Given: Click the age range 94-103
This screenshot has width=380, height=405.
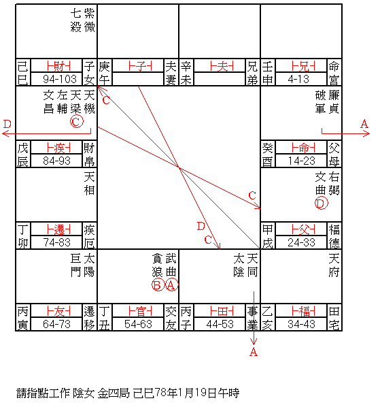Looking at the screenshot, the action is [60, 79].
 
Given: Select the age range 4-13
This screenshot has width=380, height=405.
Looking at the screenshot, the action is [298, 79].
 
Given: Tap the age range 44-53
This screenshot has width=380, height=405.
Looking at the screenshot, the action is [220, 324].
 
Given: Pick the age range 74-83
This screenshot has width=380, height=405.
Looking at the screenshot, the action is [56, 242].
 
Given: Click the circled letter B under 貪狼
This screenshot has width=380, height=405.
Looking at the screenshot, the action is [158, 285].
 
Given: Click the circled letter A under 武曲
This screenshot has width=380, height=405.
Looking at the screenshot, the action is [171, 285].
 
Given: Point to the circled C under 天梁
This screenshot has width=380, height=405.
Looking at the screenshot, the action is [77, 121].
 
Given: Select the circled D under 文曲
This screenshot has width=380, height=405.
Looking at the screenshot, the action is [321, 203].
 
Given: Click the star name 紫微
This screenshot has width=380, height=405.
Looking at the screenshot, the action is [89, 20].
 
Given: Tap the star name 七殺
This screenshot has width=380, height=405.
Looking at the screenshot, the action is [76, 20].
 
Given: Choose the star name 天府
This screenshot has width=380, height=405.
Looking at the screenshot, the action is [334, 265].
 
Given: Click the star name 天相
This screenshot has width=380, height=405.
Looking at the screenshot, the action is [89, 183].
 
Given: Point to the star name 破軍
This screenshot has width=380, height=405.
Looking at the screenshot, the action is [320, 102].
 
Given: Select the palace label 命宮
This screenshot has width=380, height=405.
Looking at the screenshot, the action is [334, 73].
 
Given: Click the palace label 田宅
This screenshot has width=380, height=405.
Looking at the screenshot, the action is [334, 318].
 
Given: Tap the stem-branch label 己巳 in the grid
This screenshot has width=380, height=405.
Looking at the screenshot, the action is [22, 73].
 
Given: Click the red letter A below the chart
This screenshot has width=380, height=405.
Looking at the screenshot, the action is [254, 352].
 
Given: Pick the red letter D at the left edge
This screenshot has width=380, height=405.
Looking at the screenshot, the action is [7, 124].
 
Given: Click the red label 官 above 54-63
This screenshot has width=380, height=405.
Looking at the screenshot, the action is [141, 311].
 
